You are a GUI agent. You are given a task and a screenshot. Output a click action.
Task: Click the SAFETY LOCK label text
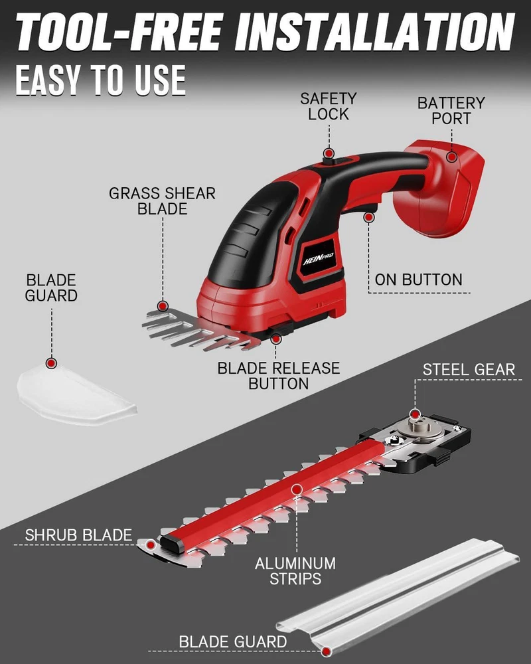pyautogui.click(x=328, y=106)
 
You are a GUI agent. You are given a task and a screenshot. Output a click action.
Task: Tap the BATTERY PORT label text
pyautogui.click(x=451, y=110)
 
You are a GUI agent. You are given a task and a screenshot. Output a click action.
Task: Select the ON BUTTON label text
pyautogui.click(x=418, y=280)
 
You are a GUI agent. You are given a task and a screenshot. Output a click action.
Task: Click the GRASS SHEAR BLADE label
pyautogui.click(x=162, y=201)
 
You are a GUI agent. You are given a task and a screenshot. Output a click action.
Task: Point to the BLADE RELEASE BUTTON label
pyautogui.click(x=279, y=376)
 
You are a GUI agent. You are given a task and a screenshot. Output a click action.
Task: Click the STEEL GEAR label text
pyautogui.click(x=469, y=370)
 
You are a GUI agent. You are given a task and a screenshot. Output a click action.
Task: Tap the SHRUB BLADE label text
pyautogui.click(x=78, y=535)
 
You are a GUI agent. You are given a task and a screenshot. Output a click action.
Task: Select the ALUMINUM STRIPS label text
pyautogui.click(x=295, y=571)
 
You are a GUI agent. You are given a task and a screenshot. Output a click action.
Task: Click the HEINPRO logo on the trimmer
pyautogui.click(x=319, y=258)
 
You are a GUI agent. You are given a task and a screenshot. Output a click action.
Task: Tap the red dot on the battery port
pyautogui.click(x=452, y=157)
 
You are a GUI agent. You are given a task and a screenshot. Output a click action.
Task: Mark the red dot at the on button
pyautogui.click(x=369, y=217)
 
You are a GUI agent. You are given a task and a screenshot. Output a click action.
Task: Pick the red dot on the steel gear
pyautogui.click(x=415, y=414)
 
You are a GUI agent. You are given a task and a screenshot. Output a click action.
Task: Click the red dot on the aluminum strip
pyautogui.click(x=297, y=490)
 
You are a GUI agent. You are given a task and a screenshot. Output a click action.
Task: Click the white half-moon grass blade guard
pyautogui.click(x=76, y=394)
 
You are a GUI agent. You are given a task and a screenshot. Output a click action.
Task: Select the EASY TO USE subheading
pyautogui.click(x=101, y=80)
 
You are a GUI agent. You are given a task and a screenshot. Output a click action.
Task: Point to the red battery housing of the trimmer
pyautogui.click(x=440, y=189)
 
